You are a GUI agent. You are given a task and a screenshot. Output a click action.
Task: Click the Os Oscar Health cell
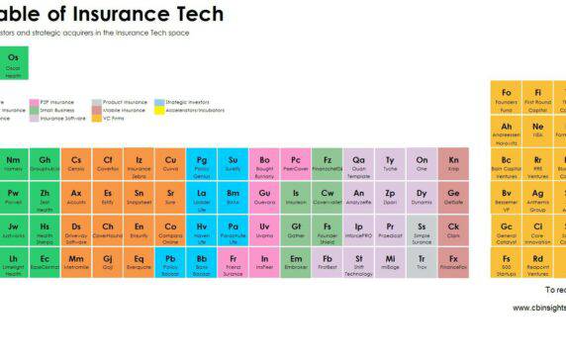click(x=13, y=64)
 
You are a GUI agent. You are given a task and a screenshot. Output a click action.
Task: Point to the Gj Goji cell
click(x=107, y=263)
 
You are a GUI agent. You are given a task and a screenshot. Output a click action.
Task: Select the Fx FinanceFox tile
click(x=453, y=263)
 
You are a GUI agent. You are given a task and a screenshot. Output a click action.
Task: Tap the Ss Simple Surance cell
click(x=422, y=230)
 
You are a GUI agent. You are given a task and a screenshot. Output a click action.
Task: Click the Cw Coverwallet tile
click(x=328, y=198)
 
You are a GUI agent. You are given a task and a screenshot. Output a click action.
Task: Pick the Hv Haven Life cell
click(x=201, y=230)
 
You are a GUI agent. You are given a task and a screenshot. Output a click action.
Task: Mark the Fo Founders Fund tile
click(x=507, y=98)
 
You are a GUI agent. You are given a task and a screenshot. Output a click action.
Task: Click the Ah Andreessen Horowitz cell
click(x=507, y=132)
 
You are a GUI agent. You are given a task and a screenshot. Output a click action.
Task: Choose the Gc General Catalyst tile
click(x=507, y=230)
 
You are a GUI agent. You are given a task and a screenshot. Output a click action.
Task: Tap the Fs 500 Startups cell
click(x=507, y=263)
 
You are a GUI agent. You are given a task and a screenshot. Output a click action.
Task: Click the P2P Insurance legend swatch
click(x=33, y=102)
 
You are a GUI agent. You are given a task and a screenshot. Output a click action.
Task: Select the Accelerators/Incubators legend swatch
click(x=159, y=110)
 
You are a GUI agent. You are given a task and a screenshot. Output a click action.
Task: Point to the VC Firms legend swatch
click(x=96, y=118)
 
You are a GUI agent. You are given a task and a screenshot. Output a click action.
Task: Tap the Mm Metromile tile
click(x=76, y=263)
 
